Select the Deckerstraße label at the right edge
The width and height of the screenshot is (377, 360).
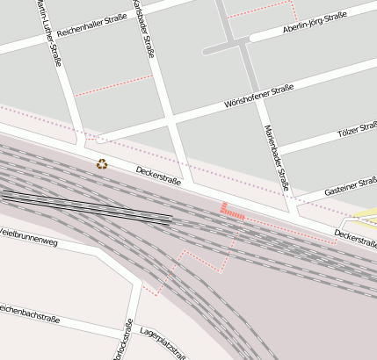click(x=355, y=237)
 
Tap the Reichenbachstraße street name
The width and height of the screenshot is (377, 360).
click(x=33, y=312)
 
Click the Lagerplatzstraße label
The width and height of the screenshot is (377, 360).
click(x=163, y=342)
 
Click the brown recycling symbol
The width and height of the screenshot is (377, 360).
click(x=102, y=163)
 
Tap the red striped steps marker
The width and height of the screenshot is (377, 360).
click(x=231, y=211)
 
